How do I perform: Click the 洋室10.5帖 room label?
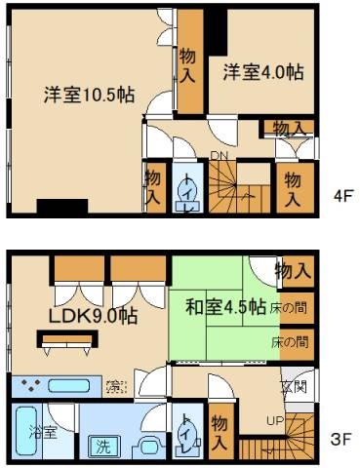coord(89,96)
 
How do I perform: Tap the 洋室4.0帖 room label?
coord(261,72)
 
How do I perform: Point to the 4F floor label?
coord(341,195)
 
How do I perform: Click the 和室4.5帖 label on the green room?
coord(225,306)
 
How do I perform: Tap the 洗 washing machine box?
coord(100,448)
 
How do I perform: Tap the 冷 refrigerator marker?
coord(115,381)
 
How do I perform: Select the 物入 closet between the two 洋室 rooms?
coord(189,66)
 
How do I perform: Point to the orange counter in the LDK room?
coord(69,338)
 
